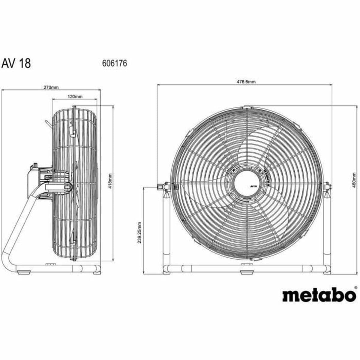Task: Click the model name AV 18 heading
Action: coord(16,63)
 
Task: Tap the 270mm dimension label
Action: coord(51,88)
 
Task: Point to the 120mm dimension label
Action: coord(75,97)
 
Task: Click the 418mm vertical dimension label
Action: coord(110,181)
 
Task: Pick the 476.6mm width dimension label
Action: coord(245,82)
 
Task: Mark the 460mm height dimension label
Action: coord(354,179)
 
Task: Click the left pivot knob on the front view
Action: coord(163,187)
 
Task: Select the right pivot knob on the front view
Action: coord(328,186)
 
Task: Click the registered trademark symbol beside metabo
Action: coord(356,287)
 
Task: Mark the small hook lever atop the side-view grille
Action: coord(47,123)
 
